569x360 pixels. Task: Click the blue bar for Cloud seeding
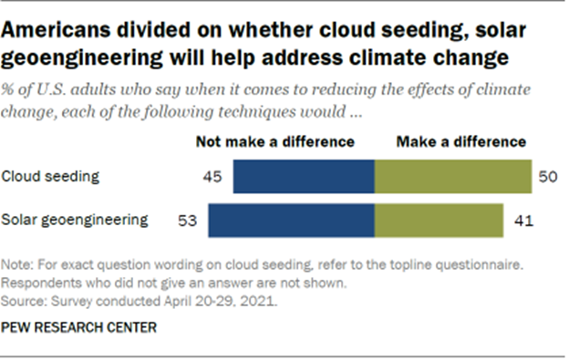pos(304,175)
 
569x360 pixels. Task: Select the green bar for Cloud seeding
pos(453,175)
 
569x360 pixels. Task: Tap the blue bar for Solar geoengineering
pos(292,220)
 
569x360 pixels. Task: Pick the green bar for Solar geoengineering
pos(439,220)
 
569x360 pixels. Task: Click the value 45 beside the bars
pos(212,175)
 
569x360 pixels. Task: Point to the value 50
pos(547,175)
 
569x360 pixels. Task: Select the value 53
pos(187,220)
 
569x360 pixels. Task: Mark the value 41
pos(518,220)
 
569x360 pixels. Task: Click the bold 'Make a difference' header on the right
pos(460,141)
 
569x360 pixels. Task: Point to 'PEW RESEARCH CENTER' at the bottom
pos(78,325)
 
